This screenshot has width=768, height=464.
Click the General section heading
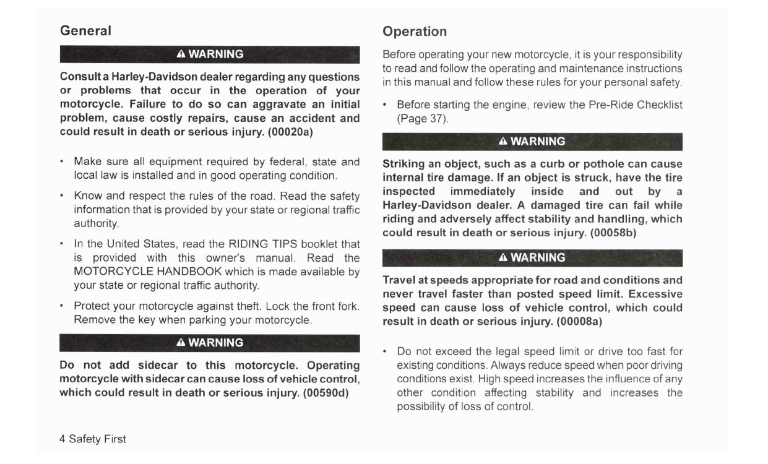click(x=85, y=30)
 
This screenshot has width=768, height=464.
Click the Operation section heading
click(x=414, y=31)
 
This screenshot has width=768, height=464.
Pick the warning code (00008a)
click(x=579, y=322)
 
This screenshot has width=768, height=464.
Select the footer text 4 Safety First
click(x=93, y=439)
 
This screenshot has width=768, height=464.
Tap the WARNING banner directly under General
click(x=210, y=54)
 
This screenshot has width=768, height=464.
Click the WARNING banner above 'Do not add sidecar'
click(x=210, y=343)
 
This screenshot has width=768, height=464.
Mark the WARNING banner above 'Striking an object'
click(x=532, y=142)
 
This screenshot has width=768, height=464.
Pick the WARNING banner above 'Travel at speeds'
click(x=532, y=257)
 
